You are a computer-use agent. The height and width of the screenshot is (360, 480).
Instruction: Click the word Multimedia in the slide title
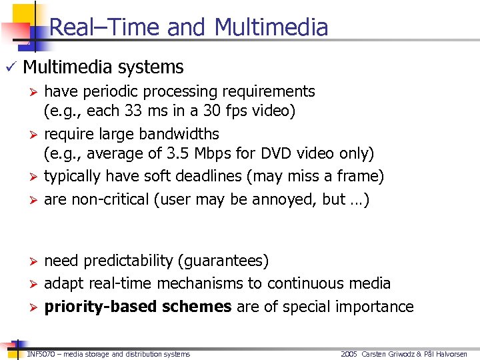tap(271, 27)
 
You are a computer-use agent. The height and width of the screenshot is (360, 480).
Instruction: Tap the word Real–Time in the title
tap(105, 27)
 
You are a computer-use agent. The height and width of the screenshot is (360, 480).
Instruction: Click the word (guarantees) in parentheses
tap(227, 261)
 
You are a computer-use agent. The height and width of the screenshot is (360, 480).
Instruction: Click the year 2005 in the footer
tap(349, 354)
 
